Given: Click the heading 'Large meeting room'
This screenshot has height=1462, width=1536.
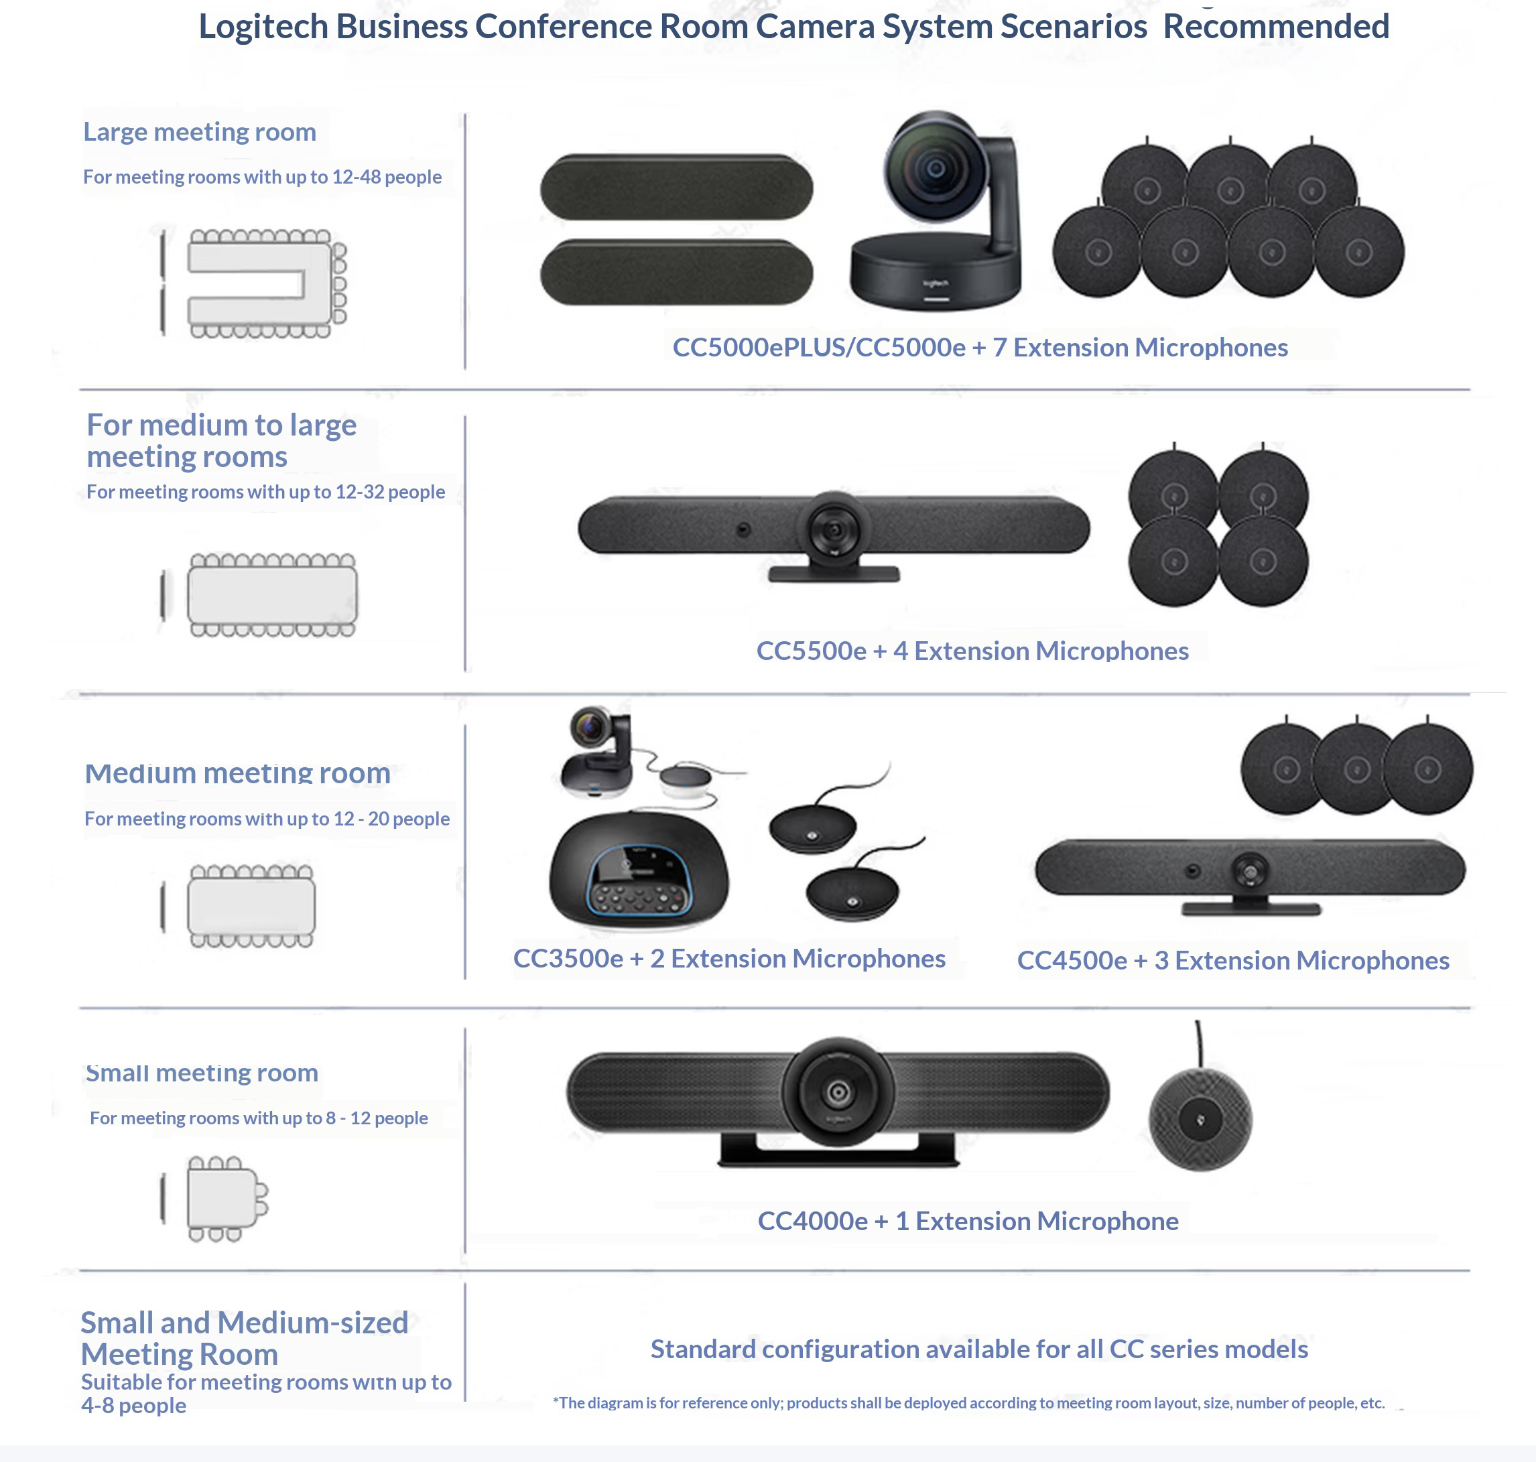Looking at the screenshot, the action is click(200, 132).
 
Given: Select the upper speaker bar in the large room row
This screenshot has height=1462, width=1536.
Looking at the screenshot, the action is click(676, 187).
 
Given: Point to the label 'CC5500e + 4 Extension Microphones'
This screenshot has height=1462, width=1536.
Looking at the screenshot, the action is click(972, 651).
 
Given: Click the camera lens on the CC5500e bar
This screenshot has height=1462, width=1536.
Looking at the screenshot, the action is click(834, 531).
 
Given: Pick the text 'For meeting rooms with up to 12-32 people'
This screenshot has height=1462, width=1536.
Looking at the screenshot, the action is click(266, 492).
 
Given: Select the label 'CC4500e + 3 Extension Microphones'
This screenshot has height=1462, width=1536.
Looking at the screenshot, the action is click(1233, 960).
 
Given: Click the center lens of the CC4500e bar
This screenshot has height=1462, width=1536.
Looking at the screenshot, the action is click(1250, 870).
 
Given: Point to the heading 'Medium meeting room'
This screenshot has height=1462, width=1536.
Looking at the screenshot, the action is click(238, 773).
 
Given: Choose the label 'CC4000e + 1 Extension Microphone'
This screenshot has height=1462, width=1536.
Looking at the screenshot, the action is click(968, 1221).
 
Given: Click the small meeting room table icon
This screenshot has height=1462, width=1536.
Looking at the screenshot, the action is click(221, 1199).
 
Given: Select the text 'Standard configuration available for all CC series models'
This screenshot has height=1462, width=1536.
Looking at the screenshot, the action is click(980, 1349).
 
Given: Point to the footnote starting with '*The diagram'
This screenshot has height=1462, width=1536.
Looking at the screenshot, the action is click(968, 1403).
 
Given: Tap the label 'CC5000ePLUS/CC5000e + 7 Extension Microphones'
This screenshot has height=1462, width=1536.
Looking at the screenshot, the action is click(980, 348).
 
